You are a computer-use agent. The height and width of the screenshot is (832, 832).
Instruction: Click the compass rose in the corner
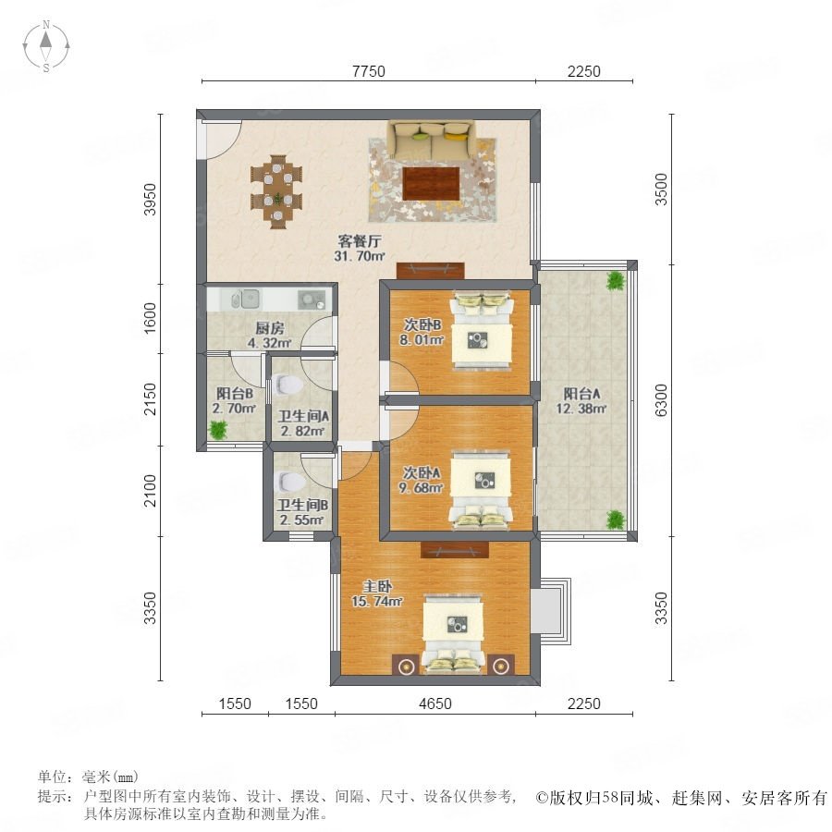(46, 46)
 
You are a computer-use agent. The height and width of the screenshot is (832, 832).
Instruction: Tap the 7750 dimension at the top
(369, 71)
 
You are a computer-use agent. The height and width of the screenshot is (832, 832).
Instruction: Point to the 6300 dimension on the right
(661, 400)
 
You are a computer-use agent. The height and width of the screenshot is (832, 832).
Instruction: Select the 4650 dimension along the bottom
(435, 704)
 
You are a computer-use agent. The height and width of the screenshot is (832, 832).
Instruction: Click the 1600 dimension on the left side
(151, 318)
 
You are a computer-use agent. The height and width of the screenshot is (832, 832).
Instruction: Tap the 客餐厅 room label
(360, 241)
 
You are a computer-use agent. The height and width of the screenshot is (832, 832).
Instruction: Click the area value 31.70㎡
(360, 256)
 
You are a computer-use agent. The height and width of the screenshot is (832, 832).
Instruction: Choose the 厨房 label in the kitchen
(270, 328)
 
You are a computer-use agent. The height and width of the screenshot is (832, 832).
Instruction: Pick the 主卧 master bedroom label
(377, 586)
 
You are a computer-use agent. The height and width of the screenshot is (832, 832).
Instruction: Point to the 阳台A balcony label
(581, 394)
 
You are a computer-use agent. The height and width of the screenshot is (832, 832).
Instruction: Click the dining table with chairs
(276, 191)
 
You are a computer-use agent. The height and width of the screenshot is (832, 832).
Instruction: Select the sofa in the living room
(432, 139)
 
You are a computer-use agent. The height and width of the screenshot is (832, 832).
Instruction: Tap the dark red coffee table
(431, 184)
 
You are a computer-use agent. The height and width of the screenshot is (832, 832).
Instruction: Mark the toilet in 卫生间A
(286, 385)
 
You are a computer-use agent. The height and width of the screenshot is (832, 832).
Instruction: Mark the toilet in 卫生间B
(289, 482)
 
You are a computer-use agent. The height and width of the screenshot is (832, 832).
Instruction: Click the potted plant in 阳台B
(218, 429)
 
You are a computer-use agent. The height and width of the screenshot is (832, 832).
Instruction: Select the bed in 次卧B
(482, 329)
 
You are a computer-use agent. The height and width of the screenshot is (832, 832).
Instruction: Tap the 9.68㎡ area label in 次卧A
(422, 487)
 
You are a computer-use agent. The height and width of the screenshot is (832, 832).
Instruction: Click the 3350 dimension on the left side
(151, 608)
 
